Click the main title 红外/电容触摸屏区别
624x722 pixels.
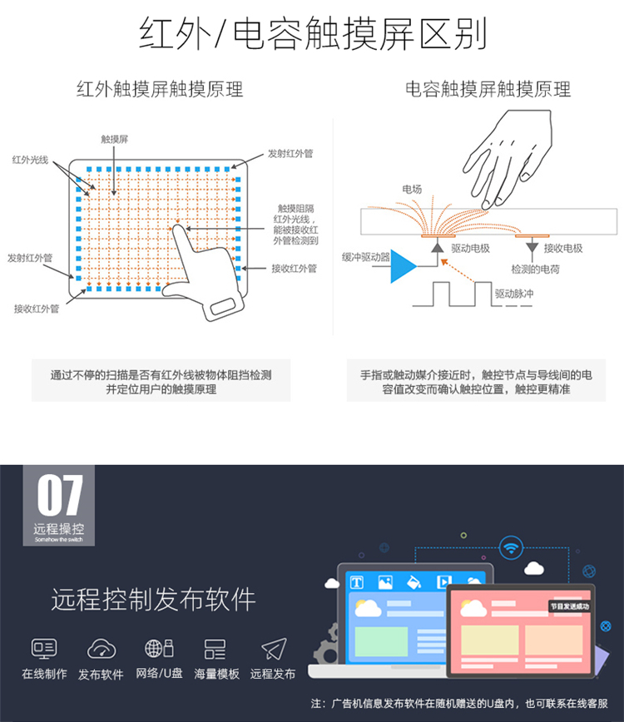coord(313,33)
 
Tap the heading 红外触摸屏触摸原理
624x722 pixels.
coord(160,89)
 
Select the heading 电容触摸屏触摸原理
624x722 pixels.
coord(488,89)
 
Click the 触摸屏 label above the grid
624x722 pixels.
coord(115,139)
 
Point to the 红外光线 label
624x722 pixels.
coord(31,160)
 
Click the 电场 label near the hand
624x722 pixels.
coord(412,190)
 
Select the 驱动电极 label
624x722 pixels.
coord(470,248)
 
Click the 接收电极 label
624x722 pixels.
coord(563,248)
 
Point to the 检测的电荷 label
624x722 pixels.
coord(535,270)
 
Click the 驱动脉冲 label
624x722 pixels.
coord(514,294)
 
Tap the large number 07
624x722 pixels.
coord(60,496)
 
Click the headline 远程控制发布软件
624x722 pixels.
coord(153,600)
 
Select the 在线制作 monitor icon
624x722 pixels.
coord(44,648)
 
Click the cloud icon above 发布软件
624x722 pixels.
coord(102,648)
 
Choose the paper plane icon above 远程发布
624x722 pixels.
coord(274,649)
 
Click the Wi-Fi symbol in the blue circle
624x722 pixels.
coord(511,548)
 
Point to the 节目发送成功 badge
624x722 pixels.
coord(570,606)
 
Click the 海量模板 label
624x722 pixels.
coord(216,674)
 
